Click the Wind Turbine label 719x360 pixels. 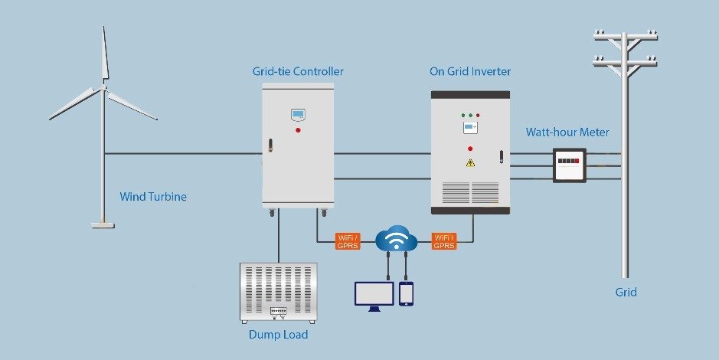pos(153,197)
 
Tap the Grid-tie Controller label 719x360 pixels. pos(298,72)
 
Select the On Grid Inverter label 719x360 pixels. pos(470,72)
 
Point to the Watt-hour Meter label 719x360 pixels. pos(567,133)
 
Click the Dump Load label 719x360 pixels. pos(278,335)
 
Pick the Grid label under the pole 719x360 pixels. pos(626,292)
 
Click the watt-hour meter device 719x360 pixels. pos(570,165)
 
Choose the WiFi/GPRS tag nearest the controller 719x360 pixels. pos(348,241)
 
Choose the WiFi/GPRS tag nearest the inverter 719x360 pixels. pos(444,241)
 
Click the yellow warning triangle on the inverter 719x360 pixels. pos(470,162)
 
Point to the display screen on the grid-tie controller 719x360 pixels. pos(298,116)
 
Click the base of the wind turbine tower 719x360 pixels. pos(103,224)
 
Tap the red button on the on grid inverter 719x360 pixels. pos(470,148)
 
